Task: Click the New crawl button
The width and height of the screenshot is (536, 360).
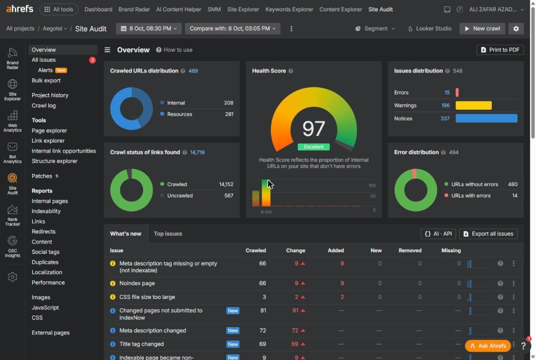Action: tap(482, 29)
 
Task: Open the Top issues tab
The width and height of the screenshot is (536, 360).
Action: tap(168, 234)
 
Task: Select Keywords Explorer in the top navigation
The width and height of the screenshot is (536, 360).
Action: tap(289, 9)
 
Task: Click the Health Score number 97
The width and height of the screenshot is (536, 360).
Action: tap(313, 129)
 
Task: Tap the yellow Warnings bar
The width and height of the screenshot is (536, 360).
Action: tap(474, 106)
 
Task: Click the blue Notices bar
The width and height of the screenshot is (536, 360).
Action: tap(486, 119)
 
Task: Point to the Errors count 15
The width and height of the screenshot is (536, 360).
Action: tap(447, 92)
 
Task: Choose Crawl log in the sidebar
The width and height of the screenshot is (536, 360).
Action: tap(43, 106)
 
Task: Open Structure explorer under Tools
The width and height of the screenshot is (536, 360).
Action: tap(55, 161)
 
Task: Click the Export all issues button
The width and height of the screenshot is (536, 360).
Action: tap(488, 234)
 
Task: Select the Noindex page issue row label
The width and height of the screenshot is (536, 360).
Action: tap(137, 283)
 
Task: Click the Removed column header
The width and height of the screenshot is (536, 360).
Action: tap(410, 250)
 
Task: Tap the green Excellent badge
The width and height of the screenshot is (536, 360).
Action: tap(313, 147)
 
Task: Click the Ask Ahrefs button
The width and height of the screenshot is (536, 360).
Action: tap(488, 346)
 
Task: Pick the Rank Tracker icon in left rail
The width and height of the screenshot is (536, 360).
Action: tap(12, 215)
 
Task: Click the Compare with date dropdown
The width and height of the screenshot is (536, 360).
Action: tap(232, 29)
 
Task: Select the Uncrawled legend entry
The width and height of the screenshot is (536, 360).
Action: tap(180, 196)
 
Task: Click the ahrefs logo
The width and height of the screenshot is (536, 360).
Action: tap(20, 9)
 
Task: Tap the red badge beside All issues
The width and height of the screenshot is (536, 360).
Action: tap(92, 60)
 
